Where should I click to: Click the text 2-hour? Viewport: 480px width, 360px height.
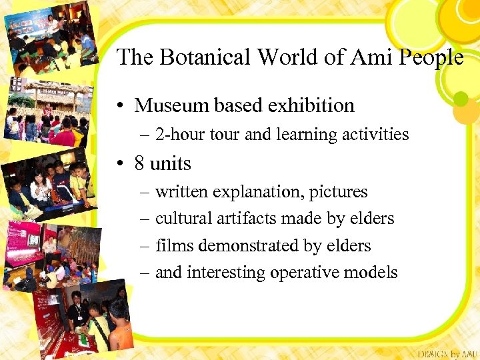point(179,135)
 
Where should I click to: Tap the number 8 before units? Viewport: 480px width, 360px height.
point(139,163)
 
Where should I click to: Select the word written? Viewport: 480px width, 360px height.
point(181,192)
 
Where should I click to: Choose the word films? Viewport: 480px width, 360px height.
point(175,245)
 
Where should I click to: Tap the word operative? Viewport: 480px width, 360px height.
point(310,273)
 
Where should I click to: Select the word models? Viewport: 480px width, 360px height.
point(375,273)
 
